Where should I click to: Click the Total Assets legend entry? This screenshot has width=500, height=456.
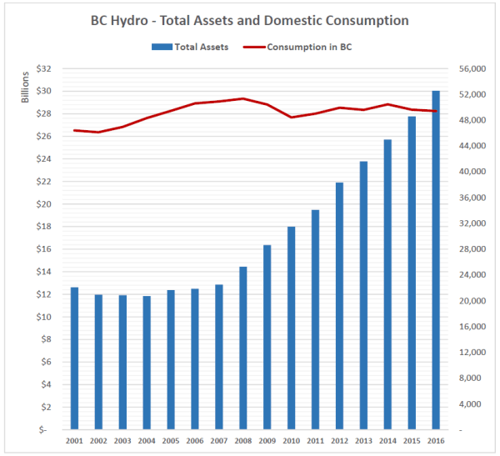[x=192, y=48]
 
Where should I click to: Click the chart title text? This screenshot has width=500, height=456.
[x=249, y=19]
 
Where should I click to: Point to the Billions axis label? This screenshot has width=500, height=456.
[x=26, y=87]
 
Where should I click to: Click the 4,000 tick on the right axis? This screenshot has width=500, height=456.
[x=466, y=404]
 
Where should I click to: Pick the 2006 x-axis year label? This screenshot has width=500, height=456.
[x=195, y=441]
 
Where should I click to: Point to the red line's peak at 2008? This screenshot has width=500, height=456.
[x=243, y=98]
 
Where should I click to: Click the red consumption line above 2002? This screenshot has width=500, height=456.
[x=98, y=132]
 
